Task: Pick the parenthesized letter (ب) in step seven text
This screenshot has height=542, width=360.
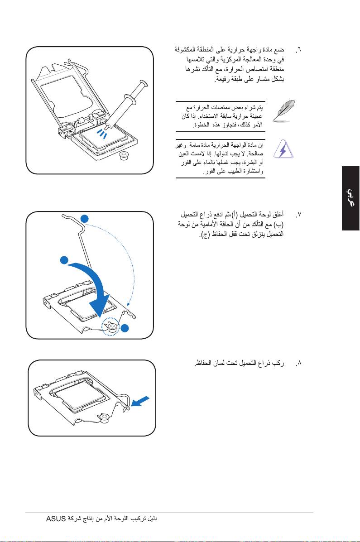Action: click(x=290, y=224)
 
